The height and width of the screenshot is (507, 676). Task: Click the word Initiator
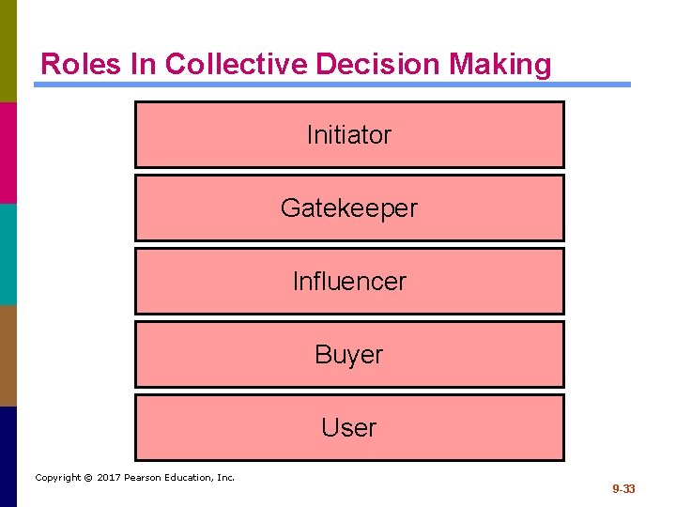click(348, 135)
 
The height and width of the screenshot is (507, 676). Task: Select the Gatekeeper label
click(348, 208)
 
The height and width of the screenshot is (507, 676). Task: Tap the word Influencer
click(349, 282)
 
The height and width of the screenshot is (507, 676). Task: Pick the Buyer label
click(348, 355)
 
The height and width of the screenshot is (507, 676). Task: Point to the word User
click(348, 428)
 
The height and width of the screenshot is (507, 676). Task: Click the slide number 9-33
click(623, 489)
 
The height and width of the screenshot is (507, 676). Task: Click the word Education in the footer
click(192, 478)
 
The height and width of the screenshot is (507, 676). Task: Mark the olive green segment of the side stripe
click(8, 51)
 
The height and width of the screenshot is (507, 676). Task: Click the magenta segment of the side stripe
click(8, 152)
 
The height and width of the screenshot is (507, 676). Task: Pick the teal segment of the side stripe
click(8, 253)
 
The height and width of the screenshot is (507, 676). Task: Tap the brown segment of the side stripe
click(8, 355)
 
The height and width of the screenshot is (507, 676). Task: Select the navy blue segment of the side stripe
click(8, 456)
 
